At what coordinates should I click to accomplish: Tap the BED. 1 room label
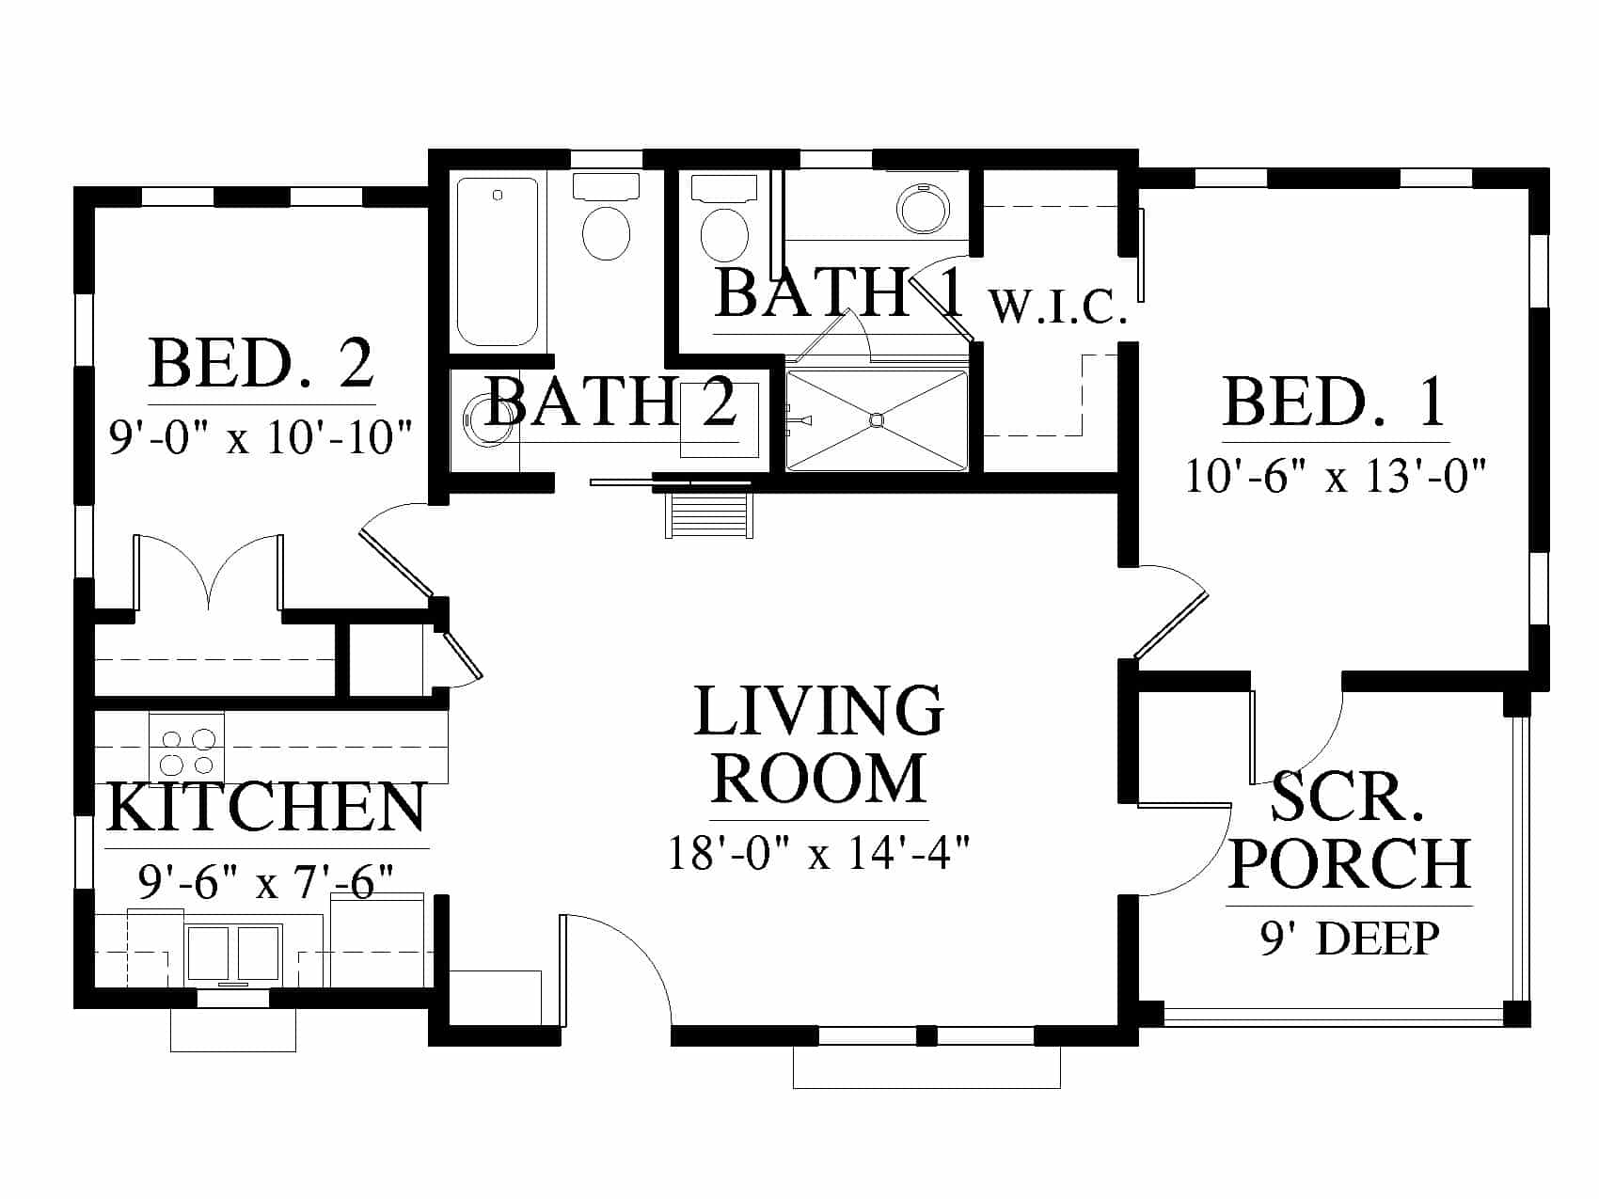(1335, 402)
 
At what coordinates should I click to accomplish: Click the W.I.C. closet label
(1058, 307)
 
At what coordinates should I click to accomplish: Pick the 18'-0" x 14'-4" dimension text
(818, 854)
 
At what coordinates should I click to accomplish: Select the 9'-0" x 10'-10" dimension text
(261, 437)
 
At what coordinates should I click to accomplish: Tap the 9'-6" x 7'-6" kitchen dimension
(266, 882)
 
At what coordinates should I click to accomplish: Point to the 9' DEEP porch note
(1350, 938)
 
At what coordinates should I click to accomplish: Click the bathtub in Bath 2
(498, 261)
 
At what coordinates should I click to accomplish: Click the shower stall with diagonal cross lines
(877, 419)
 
